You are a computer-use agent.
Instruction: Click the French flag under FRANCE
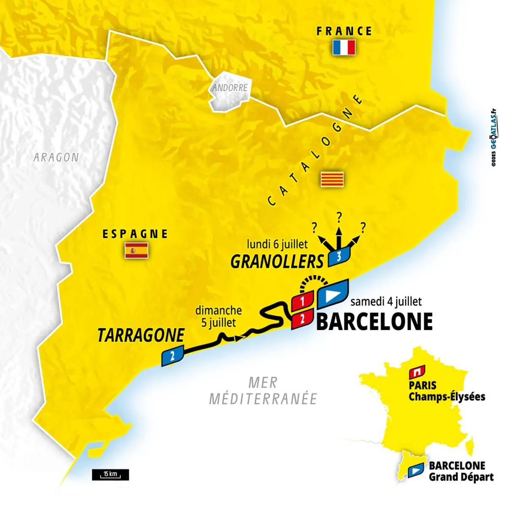click(x=344, y=47)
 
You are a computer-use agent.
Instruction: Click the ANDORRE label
click(x=229, y=88)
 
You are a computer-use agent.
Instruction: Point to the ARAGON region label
click(x=56, y=157)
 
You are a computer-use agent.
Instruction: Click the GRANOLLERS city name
click(x=277, y=262)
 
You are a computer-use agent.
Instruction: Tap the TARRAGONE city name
click(x=141, y=335)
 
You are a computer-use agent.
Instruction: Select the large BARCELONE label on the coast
click(x=374, y=322)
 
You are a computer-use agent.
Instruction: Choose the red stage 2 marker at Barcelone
click(x=302, y=319)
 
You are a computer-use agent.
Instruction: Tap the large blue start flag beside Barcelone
click(x=333, y=293)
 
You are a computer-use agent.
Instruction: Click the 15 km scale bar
click(x=110, y=486)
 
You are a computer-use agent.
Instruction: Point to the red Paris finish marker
click(x=416, y=372)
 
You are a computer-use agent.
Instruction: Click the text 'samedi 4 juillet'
click(x=386, y=302)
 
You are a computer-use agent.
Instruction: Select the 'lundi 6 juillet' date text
click(x=278, y=244)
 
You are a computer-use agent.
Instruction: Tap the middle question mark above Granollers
click(x=338, y=217)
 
